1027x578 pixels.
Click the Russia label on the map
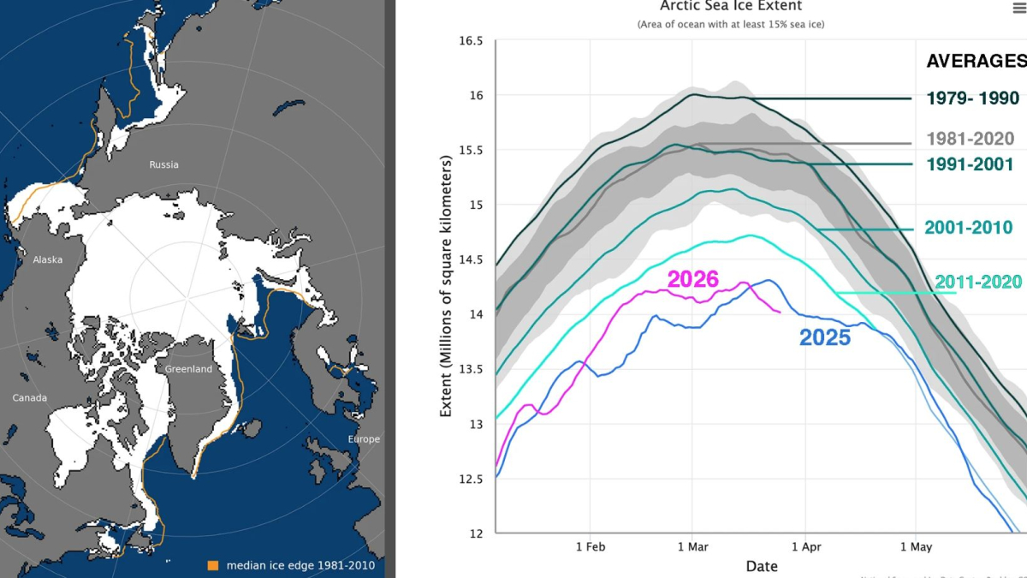tap(163, 164)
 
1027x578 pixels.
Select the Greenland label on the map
tap(187, 369)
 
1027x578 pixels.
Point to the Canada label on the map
tap(30, 397)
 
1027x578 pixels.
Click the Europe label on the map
tap(364, 439)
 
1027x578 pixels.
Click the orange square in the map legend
tap(212, 565)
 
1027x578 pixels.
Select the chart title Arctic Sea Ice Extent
tap(731, 7)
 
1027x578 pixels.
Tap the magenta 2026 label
tap(692, 279)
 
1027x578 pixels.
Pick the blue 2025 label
tap(825, 337)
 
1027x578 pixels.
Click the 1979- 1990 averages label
tap(973, 98)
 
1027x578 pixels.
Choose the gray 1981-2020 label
tap(971, 139)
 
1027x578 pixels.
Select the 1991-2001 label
tap(971, 164)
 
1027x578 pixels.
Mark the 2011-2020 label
tap(978, 282)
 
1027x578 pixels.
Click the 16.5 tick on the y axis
tap(471, 41)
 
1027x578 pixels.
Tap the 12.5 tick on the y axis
tap(471, 479)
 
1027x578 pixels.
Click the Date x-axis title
tap(762, 566)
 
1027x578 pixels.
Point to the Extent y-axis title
tap(446, 287)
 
